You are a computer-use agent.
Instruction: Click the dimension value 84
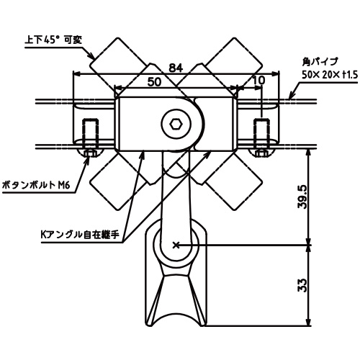click(176, 68)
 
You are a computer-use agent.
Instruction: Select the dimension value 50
click(154, 82)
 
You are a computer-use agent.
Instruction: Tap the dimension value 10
click(258, 80)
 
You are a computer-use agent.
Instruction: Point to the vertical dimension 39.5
click(302, 197)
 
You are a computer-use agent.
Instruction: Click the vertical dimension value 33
click(302, 285)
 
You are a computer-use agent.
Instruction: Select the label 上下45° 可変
click(53, 40)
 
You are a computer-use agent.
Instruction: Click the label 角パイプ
click(320, 62)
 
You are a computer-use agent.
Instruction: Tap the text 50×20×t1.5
click(330, 75)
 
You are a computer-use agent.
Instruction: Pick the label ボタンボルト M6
click(35, 185)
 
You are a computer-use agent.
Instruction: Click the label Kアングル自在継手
click(80, 235)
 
